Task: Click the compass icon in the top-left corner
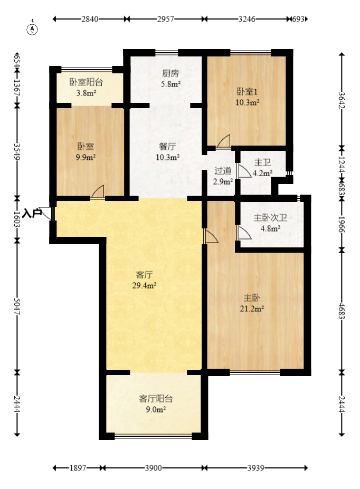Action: coord(33,28)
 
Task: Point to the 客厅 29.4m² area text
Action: coord(145,285)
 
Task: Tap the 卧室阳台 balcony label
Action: coord(86,82)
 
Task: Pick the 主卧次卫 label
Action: coord(270,217)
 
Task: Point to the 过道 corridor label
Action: coord(223,170)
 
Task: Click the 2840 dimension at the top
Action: coord(90,19)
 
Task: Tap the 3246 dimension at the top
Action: coord(247,19)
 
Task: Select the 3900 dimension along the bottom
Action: coord(153,468)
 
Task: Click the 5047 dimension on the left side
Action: coord(17,305)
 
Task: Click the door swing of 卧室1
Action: coord(224,141)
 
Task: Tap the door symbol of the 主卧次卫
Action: coord(243,233)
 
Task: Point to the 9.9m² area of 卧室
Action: coord(86,157)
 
